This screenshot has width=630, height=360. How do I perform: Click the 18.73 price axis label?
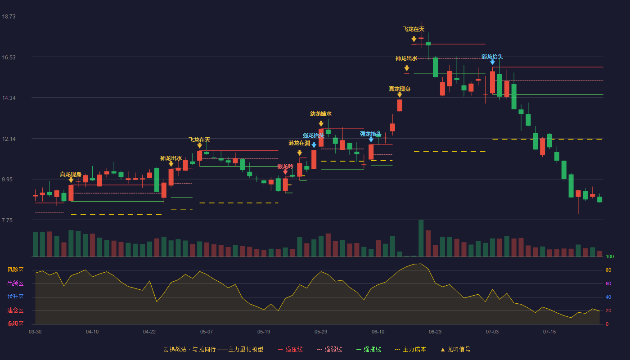(x=9, y=16)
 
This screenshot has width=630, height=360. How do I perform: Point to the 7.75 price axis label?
(x=7, y=220)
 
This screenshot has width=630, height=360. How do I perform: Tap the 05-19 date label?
(x=264, y=332)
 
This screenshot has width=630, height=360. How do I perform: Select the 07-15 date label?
(x=549, y=332)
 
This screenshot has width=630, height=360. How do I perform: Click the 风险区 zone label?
(x=15, y=270)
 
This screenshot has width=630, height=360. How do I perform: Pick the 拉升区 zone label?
(x=15, y=297)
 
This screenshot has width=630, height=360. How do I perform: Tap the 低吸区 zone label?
(x=15, y=324)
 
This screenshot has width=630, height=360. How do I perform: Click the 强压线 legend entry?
(x=290, y=349)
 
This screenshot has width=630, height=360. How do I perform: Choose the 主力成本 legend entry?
(x=410, y=349)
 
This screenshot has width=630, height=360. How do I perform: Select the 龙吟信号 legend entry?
(x=455, y=349)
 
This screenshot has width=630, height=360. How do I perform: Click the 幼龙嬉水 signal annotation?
(x=320, y=113)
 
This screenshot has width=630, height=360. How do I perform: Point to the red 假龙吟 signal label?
(x=285, y=166)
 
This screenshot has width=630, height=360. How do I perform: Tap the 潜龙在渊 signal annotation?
(x=299, y=143)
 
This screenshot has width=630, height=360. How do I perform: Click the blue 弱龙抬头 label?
(x=492, y=57)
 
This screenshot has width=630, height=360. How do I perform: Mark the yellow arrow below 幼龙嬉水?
(x=321, y=124)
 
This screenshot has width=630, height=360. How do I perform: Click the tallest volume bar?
(x=421, y=238)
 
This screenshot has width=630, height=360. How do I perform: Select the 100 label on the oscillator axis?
(x=610, y=256)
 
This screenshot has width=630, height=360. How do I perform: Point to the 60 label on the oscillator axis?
(x=608, y=283)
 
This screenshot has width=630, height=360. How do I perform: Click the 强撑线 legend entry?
(x=369, y=349)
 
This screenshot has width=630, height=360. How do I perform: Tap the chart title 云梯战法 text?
(x=175, y=349)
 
